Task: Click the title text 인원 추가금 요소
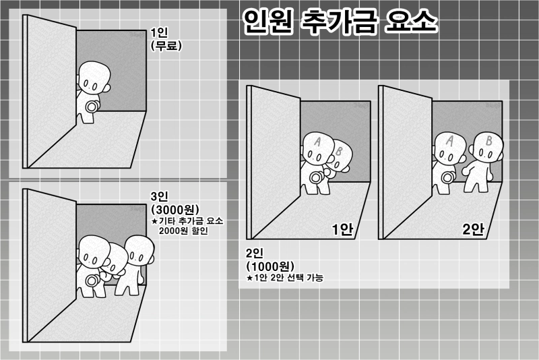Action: (340, 22)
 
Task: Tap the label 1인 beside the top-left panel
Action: (159, 32)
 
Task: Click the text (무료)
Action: (166, 46)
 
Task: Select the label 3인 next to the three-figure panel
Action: (160, 196)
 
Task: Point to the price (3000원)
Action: (175, 210)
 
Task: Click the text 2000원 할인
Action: (183, 231)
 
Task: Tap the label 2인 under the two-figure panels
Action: (255, 253)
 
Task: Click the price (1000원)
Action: (271, 266)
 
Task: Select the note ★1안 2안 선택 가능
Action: (285, 278)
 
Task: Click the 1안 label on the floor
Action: (342, 229)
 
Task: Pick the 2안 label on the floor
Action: (473, 229)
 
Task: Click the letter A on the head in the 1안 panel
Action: (317, 141)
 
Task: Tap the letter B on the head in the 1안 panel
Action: (339, 151)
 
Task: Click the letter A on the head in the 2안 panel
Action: (449, 140)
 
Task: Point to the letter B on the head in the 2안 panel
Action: (488, 141)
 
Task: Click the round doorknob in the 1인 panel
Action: (91, 107)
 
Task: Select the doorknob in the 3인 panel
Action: (91, 280)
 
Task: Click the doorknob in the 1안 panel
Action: (315, 178)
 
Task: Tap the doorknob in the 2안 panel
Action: (447, 178)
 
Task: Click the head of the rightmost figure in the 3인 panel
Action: (139, 250)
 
